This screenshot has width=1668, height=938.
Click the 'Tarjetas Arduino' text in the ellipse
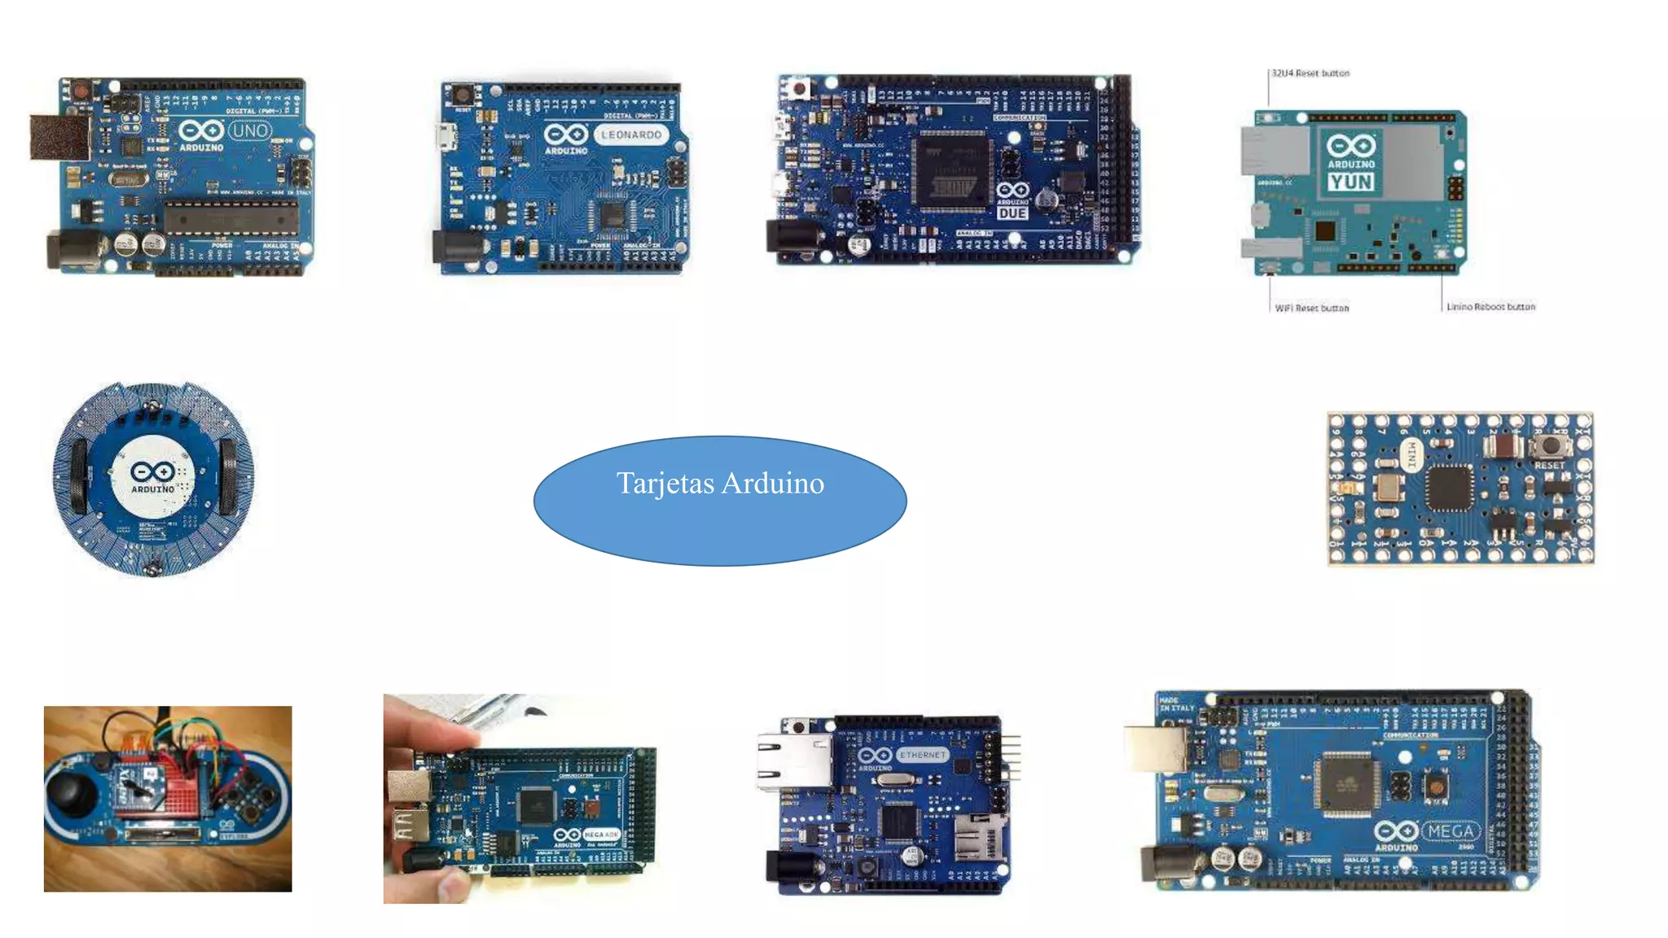coord(720,484)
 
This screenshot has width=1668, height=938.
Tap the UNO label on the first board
coord(249,130)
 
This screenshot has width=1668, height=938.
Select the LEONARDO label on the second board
coord(631,135)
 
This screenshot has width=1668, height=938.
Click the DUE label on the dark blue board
coord(1012,213)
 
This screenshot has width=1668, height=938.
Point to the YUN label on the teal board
coord(1351,182)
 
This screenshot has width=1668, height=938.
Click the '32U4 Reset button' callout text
coord(1310,73)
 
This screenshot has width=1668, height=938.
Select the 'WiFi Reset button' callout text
coord(1311,309)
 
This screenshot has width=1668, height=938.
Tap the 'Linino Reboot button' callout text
coord(1490,307)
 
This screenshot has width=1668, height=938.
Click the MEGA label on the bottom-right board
coord(1451,832)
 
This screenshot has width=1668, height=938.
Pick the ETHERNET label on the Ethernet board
coord(923,756)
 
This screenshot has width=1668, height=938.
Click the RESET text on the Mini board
coord(1549,466)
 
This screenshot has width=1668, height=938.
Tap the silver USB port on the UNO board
coord(59,137)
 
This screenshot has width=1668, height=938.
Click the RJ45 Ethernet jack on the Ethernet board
coord(792,762)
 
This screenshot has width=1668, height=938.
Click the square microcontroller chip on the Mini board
coord(1449,488)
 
